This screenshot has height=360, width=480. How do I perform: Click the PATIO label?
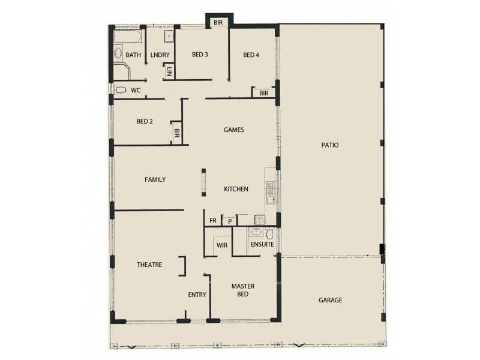(329, 145)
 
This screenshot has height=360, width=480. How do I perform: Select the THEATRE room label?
(149, 265)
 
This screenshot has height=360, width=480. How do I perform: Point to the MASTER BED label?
(243, 290)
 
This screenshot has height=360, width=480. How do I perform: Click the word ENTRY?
(197, 295)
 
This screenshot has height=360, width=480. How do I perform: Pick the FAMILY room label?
(155, 179)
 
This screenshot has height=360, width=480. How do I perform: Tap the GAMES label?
(233, 130)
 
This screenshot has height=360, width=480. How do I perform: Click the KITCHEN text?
(236, 189)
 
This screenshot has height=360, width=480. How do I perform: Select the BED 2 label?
(145, 121)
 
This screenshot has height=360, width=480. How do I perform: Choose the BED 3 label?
(200, 55)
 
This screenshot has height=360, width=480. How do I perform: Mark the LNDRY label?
(160, 55)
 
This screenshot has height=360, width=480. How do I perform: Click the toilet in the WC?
(121, 91)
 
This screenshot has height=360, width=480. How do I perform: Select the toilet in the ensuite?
(271, 233)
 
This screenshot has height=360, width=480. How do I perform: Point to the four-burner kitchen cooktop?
(260, 220)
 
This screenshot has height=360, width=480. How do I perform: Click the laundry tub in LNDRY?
(169, 37)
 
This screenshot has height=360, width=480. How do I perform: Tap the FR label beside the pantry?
(212, 221)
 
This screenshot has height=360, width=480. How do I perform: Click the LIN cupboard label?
(169, 71)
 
